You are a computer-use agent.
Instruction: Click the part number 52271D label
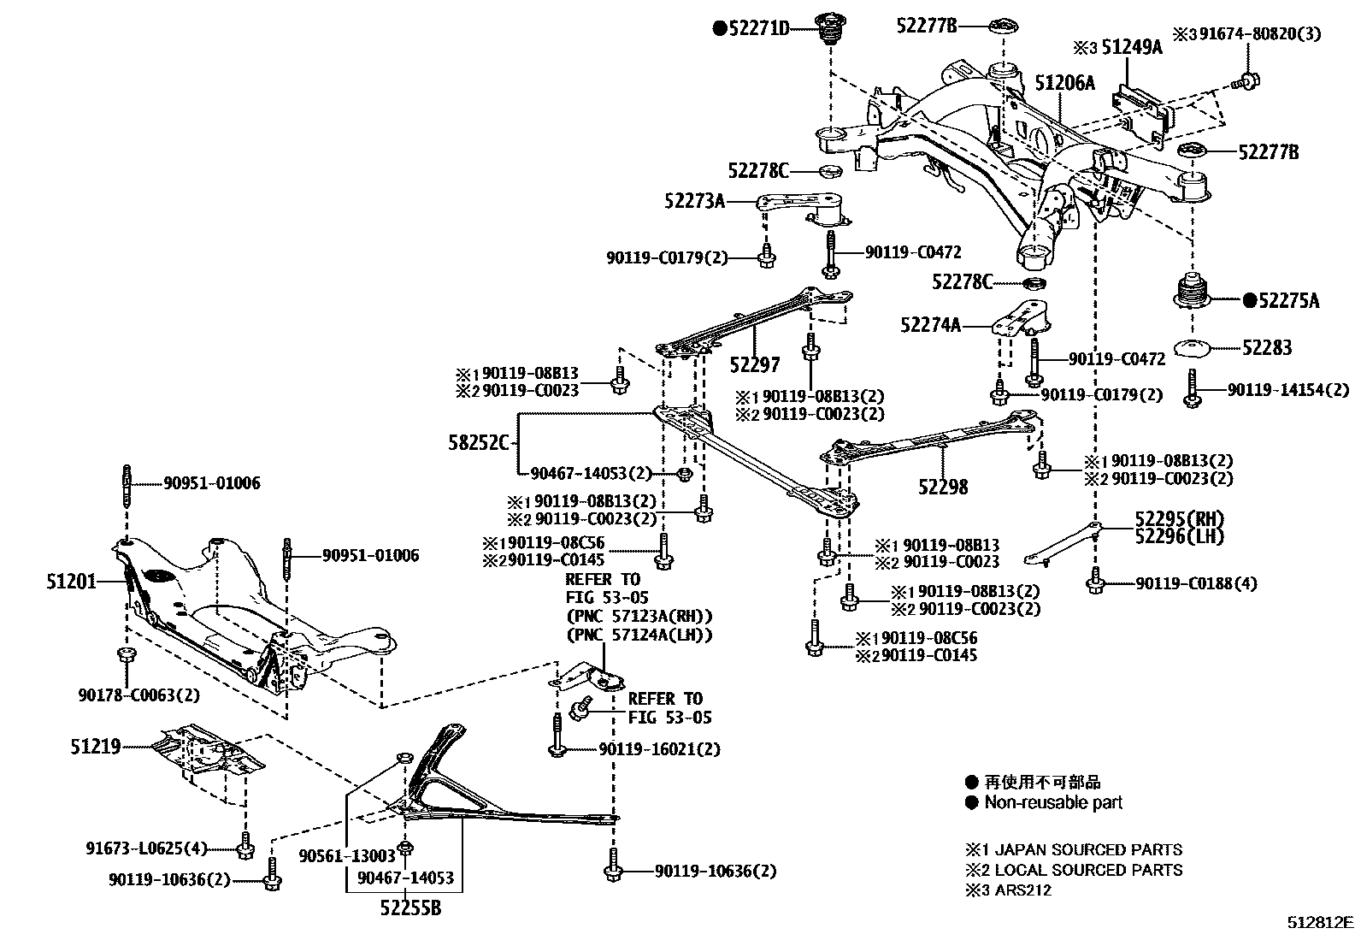point(757,27)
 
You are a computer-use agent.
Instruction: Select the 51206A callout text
point(1064,83)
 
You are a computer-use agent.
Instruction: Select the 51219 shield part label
point(95,747)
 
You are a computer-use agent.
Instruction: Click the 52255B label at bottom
point(410,908)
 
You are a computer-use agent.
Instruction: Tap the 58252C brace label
point(478,442)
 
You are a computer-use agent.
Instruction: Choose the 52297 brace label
point(755,365)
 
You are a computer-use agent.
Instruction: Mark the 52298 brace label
point(943,487)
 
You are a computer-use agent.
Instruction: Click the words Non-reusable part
point(1053,802)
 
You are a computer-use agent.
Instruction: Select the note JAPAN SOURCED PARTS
point(1083,849)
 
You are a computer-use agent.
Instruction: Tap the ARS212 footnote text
point(1022,890)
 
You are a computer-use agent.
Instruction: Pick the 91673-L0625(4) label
point(147,848)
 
